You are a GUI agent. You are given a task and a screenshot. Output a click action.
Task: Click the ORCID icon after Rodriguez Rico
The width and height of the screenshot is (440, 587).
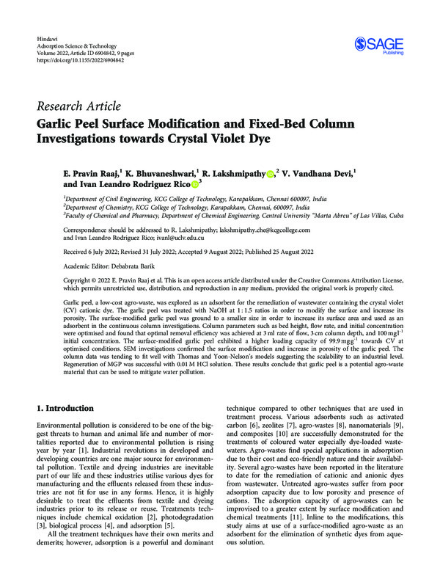194,185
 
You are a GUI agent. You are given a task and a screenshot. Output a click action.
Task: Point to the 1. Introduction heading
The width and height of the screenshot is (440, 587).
74,407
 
